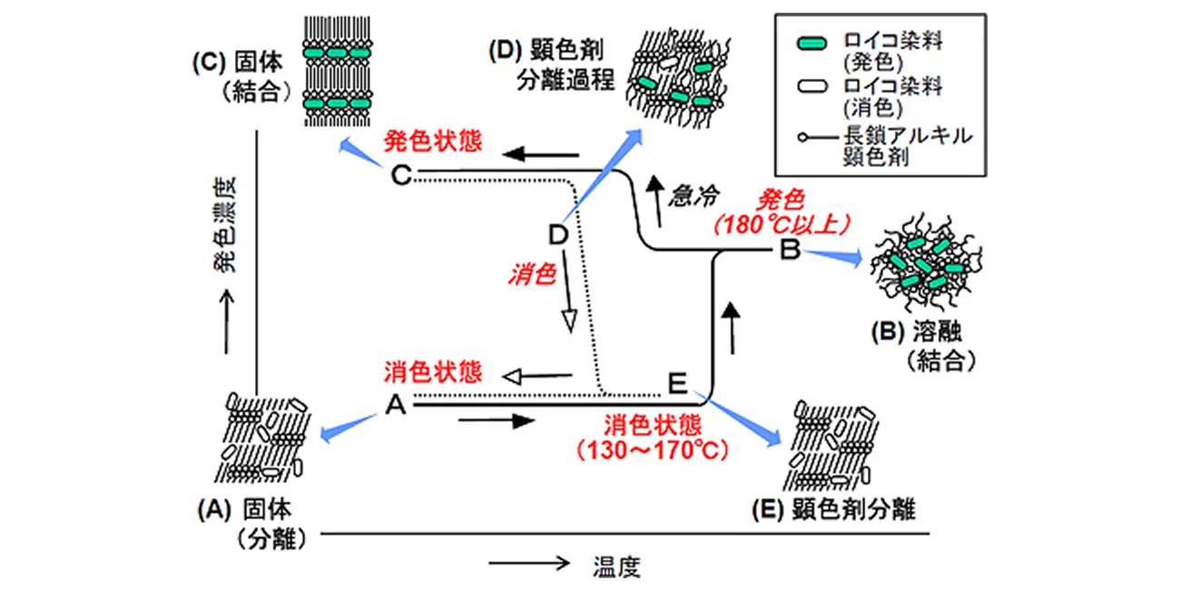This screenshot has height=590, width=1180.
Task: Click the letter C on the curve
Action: point(401,175)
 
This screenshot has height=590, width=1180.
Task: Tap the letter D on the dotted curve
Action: point(558,234)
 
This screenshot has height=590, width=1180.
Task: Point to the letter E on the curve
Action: point(678,383)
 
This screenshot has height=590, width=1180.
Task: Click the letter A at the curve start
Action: point(396,405)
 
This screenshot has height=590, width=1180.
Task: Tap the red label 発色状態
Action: point(432,142)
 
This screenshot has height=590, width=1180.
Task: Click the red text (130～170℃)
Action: point(653,450)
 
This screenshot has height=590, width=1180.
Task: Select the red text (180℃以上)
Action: point(782,225)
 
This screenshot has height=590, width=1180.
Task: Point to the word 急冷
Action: point(694,196)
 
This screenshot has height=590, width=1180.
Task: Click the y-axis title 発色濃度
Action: point(225,225)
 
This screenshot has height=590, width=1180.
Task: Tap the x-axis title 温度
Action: point(617,567)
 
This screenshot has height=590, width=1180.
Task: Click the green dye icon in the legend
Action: point(811,44)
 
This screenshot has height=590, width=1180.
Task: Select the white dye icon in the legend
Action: point(812,86)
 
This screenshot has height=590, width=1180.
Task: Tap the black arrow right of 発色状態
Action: point(540,154)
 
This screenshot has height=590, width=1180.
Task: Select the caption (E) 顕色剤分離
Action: point(833,509)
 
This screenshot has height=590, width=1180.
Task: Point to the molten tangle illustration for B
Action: point(926,261)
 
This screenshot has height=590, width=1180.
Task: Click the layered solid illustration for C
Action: point(338,71)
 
